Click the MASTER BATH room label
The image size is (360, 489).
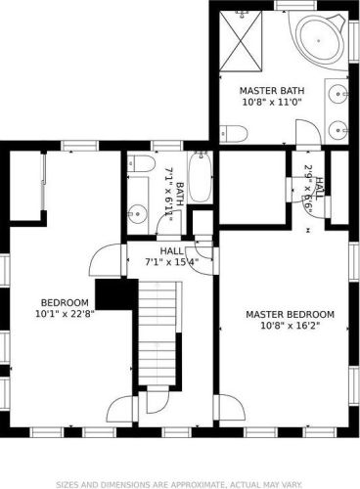pos(272,90)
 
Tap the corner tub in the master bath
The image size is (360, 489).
pos(319,40)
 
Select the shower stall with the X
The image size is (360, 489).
pos(241,41)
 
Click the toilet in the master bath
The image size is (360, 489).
pos(233,133)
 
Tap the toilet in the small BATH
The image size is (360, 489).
pos(141,163)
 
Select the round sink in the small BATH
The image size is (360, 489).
pos(137,214)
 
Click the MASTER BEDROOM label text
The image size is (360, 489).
pos(290,315)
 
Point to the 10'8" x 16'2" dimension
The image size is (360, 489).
pos(290,326)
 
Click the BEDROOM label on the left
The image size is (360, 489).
pos(65,303)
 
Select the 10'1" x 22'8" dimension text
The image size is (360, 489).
pos(65,314)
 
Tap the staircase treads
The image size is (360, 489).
pos(157,333)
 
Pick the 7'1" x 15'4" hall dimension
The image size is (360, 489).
pos(171,262)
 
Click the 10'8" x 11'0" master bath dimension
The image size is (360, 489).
pos(272,102)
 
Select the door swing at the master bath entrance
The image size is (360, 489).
pos(308,132)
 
